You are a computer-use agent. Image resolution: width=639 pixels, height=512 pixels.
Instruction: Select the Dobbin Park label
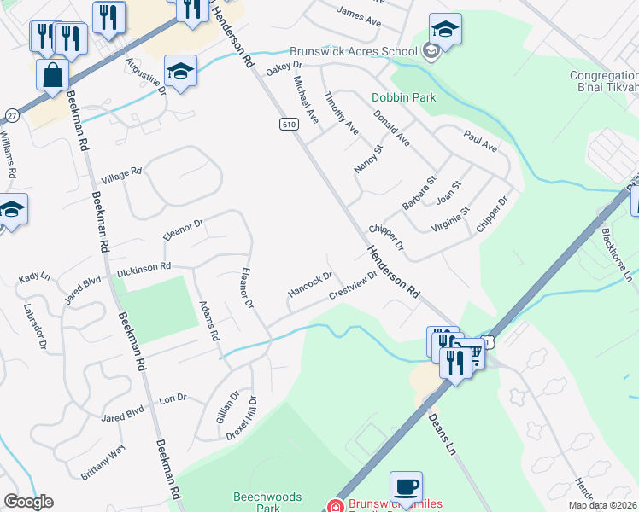click(403, 97)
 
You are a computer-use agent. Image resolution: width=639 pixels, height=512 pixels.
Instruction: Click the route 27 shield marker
click(11, 114)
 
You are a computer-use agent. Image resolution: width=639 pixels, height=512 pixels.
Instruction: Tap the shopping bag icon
click(52, 74)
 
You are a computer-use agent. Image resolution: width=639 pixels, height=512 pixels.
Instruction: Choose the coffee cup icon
click(406, 488)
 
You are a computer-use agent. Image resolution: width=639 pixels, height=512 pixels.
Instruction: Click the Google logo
click(28, 502)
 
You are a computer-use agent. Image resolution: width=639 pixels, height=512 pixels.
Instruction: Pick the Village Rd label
click(121, 176)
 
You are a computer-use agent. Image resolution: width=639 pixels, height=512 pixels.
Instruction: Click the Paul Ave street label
click(480, 141)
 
